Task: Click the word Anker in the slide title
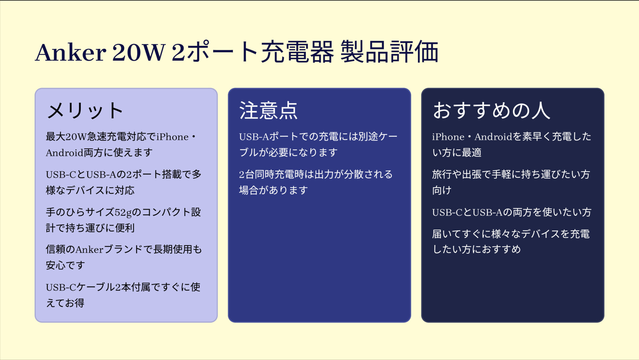click(x=71, y=53)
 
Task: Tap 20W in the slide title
click(x=139, y=53)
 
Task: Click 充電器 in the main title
click(x=297, y=52)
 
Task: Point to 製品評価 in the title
click(x=389, y=52)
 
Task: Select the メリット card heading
click(x=85, y=110)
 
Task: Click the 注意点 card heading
click(x=268, y=110)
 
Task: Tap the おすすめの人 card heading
click(x=491, y=110)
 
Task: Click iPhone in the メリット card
click(x=172, y=137)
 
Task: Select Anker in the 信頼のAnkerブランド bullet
click(x=90, y=250)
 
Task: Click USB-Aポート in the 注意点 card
click(x=269, y=137)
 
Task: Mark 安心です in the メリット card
click(x=66, y=266)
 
